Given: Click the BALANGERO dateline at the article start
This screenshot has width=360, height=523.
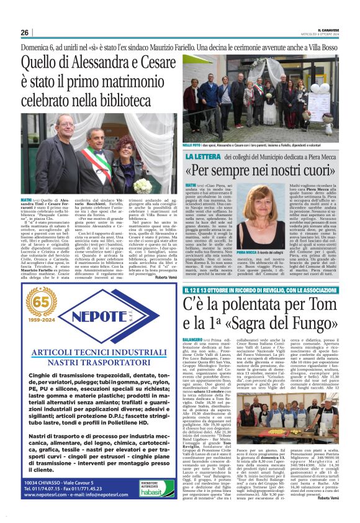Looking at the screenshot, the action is (194, 340).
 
